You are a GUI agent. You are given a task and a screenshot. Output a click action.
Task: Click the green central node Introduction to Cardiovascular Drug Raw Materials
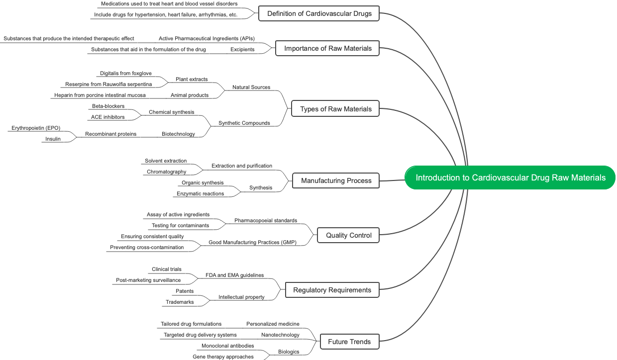click(511, 178)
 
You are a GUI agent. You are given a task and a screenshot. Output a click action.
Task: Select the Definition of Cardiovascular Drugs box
click(319, 13)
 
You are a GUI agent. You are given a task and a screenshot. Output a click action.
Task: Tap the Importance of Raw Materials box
click(327, 48)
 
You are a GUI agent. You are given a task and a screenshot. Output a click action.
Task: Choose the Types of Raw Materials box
click(335, 109)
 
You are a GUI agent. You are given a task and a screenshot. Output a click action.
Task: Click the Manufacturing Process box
click(336, 180)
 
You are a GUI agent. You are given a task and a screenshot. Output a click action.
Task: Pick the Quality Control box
click(348, 235)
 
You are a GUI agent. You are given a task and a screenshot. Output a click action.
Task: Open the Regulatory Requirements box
click(332, 290)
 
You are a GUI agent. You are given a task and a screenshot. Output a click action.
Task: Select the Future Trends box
click(349, 342)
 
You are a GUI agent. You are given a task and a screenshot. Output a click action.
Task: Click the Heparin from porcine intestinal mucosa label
click(100, 95)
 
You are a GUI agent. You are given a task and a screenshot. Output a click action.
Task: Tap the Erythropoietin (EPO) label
click(36, 128)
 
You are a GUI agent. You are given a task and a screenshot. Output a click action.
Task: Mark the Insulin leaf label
click(53, 139)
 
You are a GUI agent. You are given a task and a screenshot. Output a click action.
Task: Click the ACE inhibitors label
click(108, 117)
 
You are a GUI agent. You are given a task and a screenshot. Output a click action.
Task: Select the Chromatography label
click(167, 172)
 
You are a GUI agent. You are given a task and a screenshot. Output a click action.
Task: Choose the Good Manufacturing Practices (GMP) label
click(252, 242)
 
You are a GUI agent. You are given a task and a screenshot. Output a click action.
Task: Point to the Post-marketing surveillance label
click(148, 280)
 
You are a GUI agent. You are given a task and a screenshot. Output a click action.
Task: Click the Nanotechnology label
click(280, 335)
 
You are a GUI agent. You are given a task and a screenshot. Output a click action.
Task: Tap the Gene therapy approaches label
click(223, 357)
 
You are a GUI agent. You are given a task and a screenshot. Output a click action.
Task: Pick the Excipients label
click(242, 49)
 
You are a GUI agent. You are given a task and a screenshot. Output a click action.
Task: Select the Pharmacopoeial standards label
click(266, 220)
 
